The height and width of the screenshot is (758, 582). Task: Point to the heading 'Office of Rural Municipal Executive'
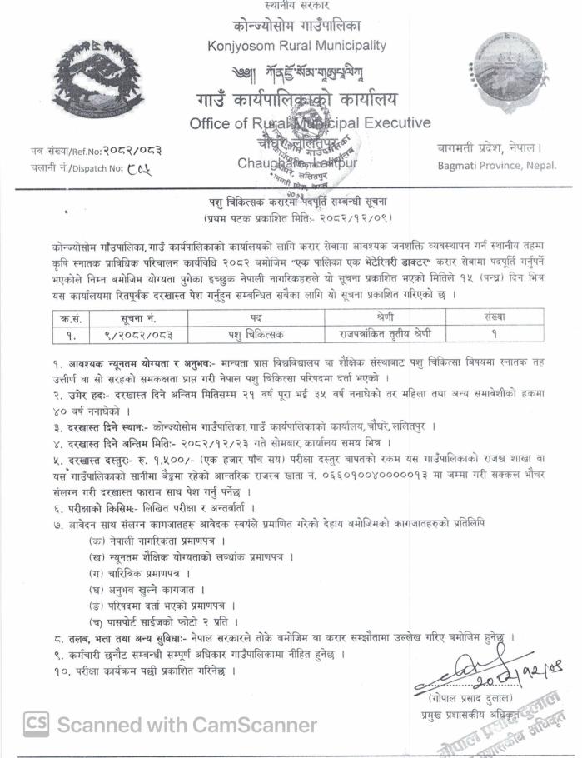pyautogui.click(x=310, y=123)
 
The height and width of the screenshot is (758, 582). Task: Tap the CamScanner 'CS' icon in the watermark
pyautogui.click(x=35, y=724)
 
